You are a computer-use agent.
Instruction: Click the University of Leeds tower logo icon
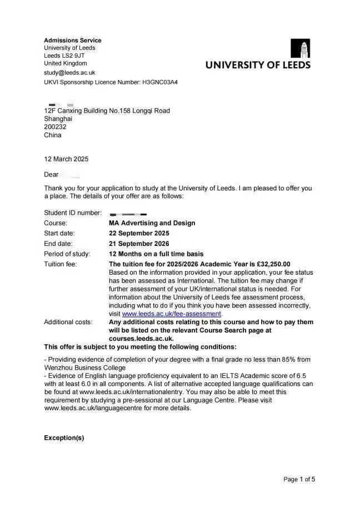(301, 48)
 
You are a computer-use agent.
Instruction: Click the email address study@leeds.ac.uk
(69, 73)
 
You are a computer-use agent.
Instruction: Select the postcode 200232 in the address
(55, 127)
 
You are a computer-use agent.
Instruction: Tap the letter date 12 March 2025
(66, 159)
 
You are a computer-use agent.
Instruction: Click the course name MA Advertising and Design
(152, 223)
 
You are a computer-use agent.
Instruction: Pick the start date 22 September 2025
(139, 233)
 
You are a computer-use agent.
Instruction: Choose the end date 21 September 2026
(139, 244)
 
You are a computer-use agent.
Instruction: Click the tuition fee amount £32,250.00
(271, 264)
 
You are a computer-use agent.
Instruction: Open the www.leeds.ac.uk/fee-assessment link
(172, 314)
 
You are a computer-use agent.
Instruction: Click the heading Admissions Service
(73, 41)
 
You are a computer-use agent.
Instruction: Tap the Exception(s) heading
(64, 438)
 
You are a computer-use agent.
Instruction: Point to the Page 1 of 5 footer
(299, 479)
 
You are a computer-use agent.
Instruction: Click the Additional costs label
(68, 322)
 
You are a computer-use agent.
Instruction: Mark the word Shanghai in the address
(58, 119)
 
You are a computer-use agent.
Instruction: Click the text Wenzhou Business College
(84, 367)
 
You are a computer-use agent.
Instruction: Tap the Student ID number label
(73, 213)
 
